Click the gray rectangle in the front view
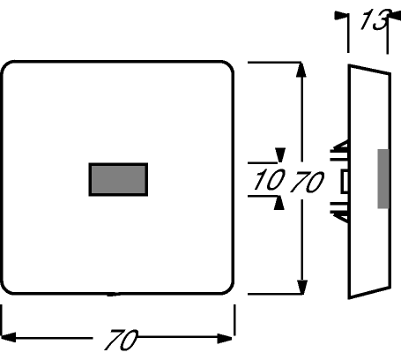click(x=118, y=179)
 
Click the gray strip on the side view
click(x=383, y=179)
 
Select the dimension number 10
click(x=269, y=179)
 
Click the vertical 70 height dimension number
click(x=308, y=182)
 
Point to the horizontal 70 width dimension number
click(x=121, y=340)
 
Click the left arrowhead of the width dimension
click(x=8, y=337)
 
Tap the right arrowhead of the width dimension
click(x=225, y=338)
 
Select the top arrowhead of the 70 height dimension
click(x=301, y=70)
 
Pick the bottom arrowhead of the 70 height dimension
click(x=301, y=287)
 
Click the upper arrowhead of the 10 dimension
click(x=279, y=155)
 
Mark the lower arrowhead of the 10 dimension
click(x=279, y=203)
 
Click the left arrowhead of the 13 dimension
click(x=341, y=16)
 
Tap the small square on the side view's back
click(x=345, y=182)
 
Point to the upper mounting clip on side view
click(x=340, y=150)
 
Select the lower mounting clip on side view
click(x=340, y=212)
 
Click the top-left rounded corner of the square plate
click(x=7, y=67)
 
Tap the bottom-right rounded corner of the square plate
click(x=227, y=288)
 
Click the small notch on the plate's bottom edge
click(x=113, y=294)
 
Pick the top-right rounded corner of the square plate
click(x=227, y=67)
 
